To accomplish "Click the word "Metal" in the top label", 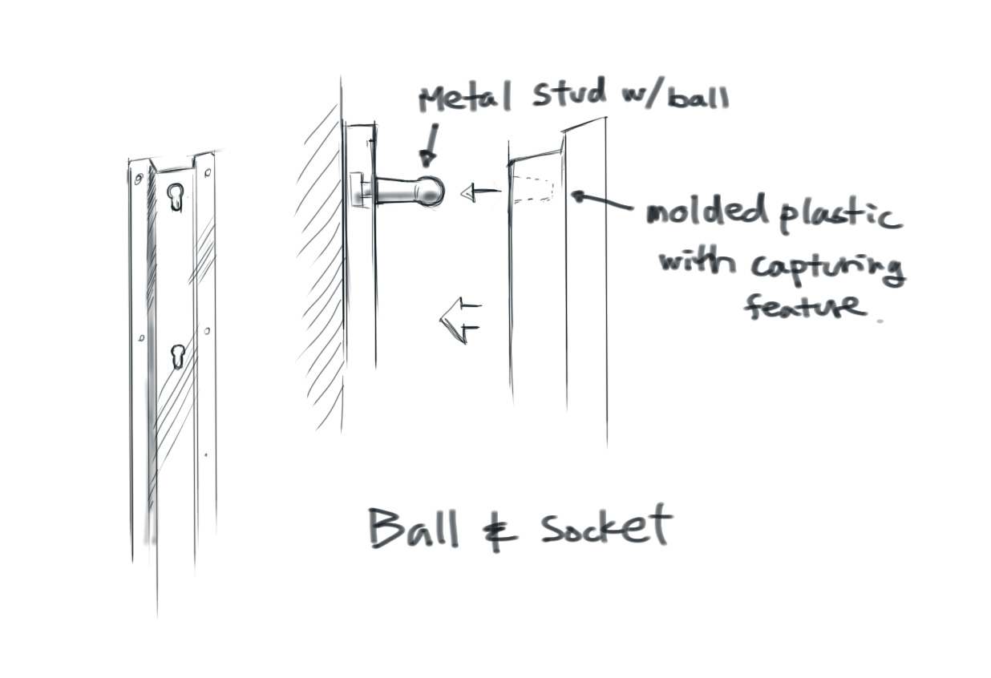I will coord(464,99).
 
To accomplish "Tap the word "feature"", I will coord(804,305).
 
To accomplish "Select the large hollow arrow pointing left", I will coord(459,319).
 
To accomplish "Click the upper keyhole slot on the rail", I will coord(175,196).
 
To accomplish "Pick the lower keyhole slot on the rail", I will coord(177,356).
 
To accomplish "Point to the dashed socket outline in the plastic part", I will coord(534,189).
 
